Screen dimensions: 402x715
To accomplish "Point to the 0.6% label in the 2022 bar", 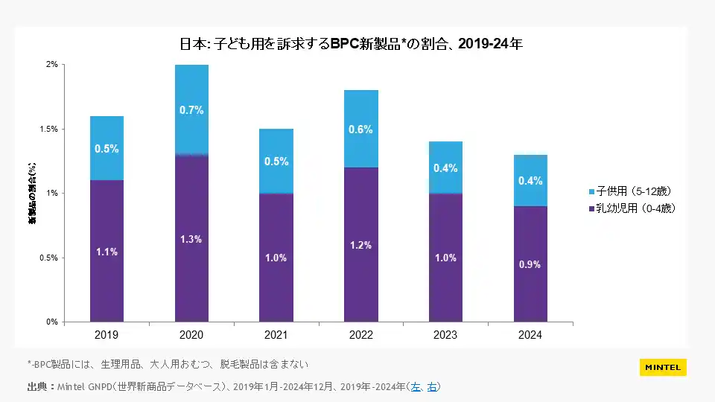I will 360,129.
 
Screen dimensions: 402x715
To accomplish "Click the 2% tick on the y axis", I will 52,65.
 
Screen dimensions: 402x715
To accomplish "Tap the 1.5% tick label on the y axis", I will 48,129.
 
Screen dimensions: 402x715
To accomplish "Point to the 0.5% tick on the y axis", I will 48,258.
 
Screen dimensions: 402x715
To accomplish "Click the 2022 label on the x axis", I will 360,336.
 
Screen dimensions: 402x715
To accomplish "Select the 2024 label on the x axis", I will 530,336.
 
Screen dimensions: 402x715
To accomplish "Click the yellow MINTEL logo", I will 663,367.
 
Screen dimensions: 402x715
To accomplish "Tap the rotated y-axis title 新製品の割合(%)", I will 33,193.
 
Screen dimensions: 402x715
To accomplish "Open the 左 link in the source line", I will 416,386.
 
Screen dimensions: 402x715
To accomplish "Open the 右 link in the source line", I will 432,386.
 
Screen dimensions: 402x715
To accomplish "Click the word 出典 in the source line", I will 37,386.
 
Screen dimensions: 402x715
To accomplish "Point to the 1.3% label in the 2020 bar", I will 191,239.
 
